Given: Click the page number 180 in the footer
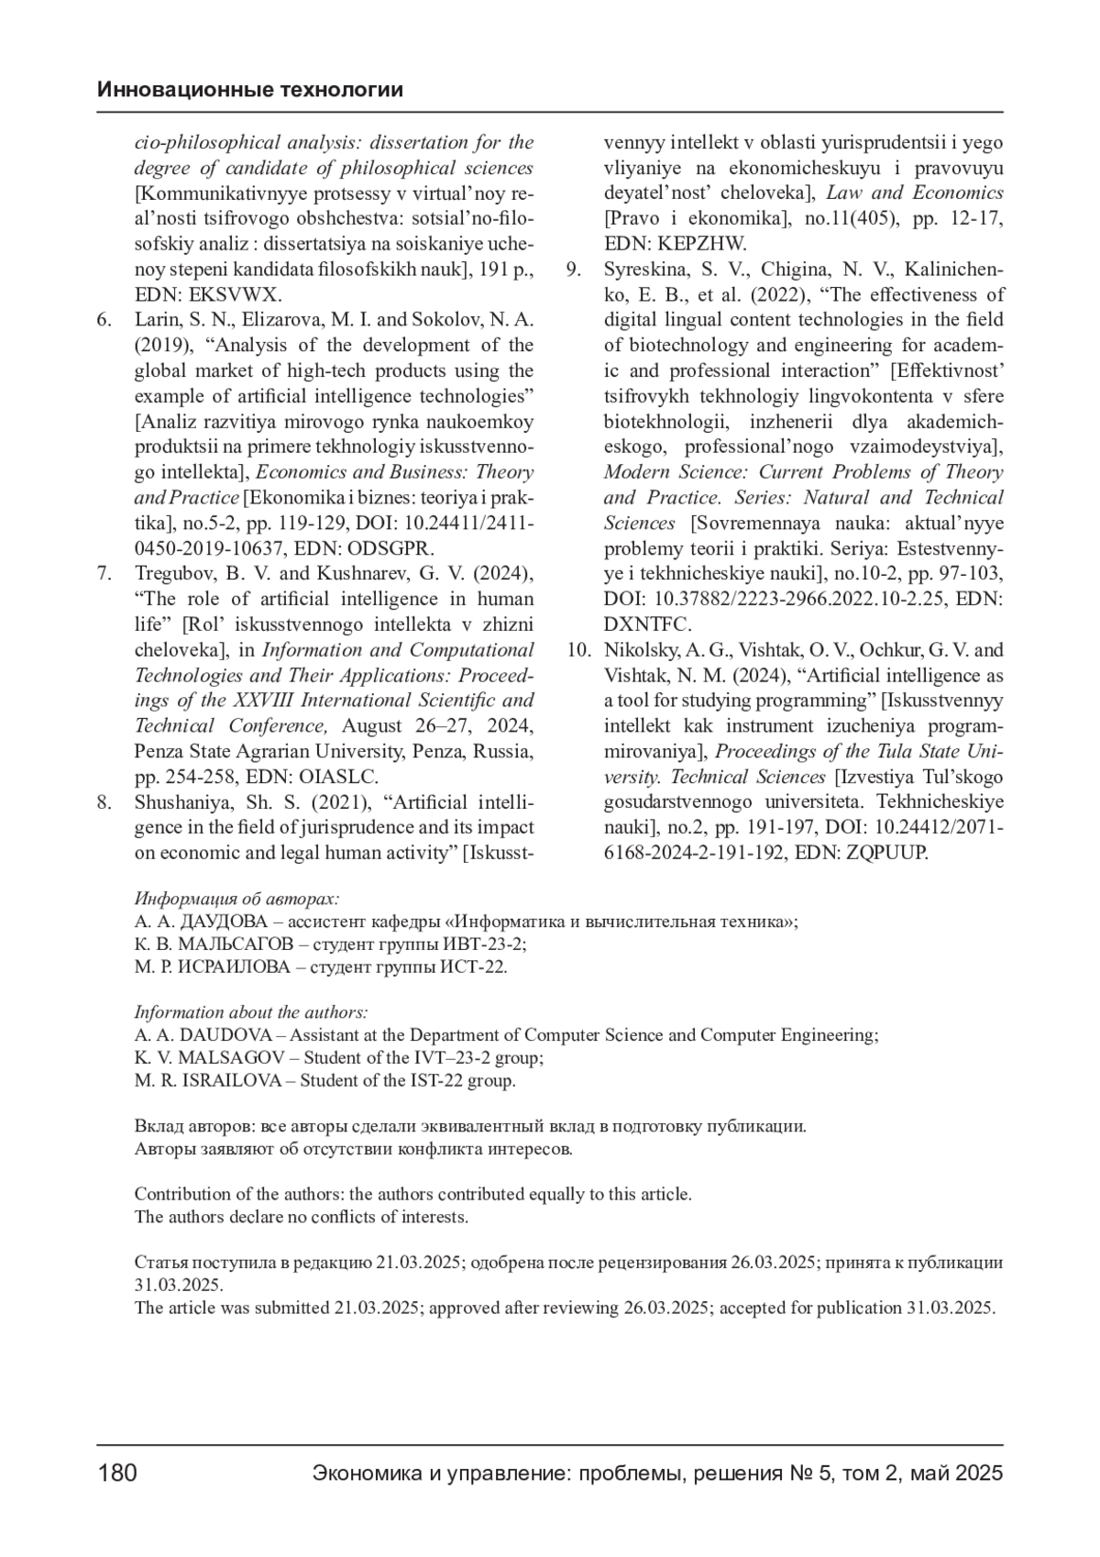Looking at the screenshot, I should (x=117, y=1474).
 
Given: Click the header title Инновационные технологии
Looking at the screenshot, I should (x=250, y=91).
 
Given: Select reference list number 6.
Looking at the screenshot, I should (x=104, y=320).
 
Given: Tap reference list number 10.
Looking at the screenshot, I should (x=578, y=650).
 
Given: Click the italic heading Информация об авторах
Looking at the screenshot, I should (x=236, y=899).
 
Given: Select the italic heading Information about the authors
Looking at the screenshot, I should (x=251, y=1012).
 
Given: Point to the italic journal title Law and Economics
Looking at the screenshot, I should (x=914, y=193).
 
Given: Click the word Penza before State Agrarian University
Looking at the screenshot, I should (x=159, y=752).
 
